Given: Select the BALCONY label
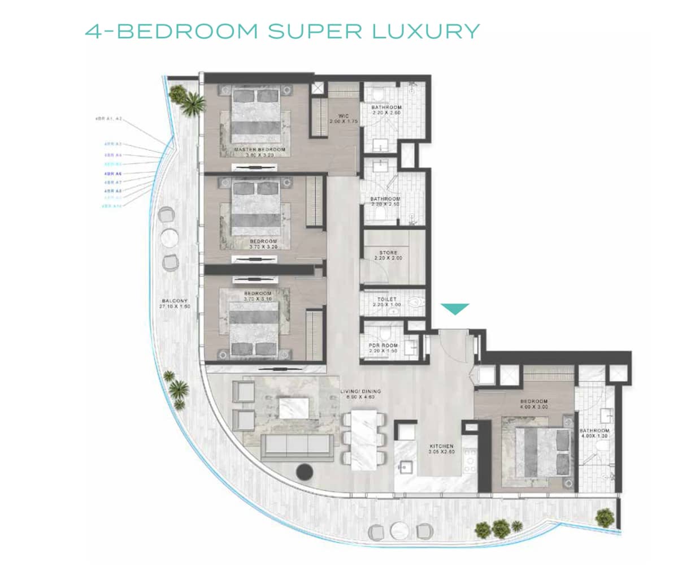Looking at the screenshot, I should [x=175, y=304].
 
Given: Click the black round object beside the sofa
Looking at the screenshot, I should [x=305, y=470].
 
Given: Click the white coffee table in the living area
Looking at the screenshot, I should [x=293, y=408].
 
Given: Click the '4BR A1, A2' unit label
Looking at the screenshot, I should [x=109, y=119].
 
